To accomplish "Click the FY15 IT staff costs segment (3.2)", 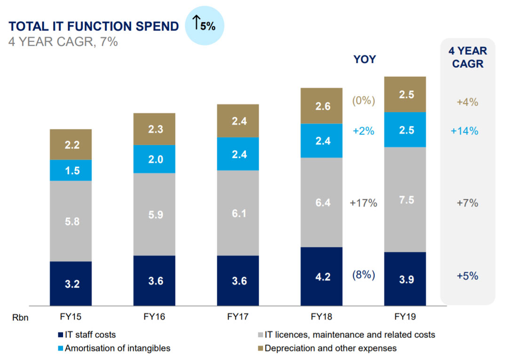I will click(x=71, y=283).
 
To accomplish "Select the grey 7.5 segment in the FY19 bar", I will click(x=405, y=199).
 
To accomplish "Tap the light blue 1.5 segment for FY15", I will click(x=71, y=170).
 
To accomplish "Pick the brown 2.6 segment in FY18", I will click(x=321, y=106).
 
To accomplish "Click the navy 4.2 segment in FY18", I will click(x=321, y=276).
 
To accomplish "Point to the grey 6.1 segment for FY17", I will click(x=238, y=212).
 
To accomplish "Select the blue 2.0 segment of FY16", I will click(x=154, y=159).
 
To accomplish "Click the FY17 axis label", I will click(x=238, y=317).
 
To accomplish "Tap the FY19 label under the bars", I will click(x=405, y=317).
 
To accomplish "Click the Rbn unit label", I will click(x=20, y=318).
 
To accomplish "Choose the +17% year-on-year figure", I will click(x=364, y=203).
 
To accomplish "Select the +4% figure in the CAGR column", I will click(x=467, y=102).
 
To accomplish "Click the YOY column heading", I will click(x=365, y=59).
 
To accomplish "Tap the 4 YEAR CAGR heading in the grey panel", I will click(x=467, y=57).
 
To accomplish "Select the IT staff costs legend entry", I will click(x=86, y=335).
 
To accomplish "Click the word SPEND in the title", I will click(x=153, y=26).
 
